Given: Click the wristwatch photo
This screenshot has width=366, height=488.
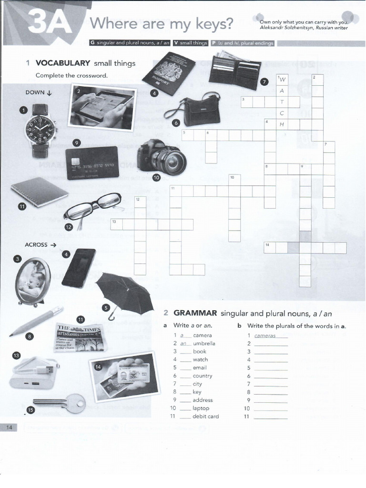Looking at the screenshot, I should [x=40, y=130].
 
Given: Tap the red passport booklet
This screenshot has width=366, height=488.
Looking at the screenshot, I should [x=168, y=73].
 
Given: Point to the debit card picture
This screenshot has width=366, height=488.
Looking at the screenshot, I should [x=91, y=163].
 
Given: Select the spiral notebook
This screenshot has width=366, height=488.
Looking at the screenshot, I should [x=40, y=192].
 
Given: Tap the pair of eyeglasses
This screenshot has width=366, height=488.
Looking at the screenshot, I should [x=93, y=207].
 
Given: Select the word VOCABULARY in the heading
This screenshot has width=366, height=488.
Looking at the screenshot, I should [x=63, y=63].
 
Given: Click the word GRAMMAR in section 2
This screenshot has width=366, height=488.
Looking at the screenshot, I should [x=195, y=313].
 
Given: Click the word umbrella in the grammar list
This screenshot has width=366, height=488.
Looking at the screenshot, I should [x=204, y=343].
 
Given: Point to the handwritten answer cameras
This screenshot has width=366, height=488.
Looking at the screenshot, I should [x=265, y=335].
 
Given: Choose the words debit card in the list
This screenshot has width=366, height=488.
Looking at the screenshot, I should [x=205, y=416].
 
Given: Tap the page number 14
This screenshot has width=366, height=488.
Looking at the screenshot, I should [x=9, y=427].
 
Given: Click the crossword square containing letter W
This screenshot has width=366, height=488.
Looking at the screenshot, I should [x=282, y=79].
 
